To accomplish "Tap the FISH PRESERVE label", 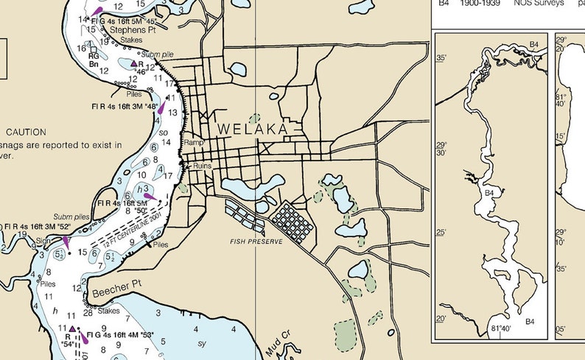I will tap(256, 241).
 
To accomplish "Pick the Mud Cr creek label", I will tap(278, 345).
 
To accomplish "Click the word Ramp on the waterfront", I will tap(193, 143).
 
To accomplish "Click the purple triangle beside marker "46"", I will tap(135, 64).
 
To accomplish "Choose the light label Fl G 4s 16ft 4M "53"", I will tap(119, 336).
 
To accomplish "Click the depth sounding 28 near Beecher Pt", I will tap(88, 313).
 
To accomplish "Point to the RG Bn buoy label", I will tap(94, 60).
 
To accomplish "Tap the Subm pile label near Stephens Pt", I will tap(158, 54).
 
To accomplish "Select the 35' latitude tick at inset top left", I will tap(441, 57).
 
